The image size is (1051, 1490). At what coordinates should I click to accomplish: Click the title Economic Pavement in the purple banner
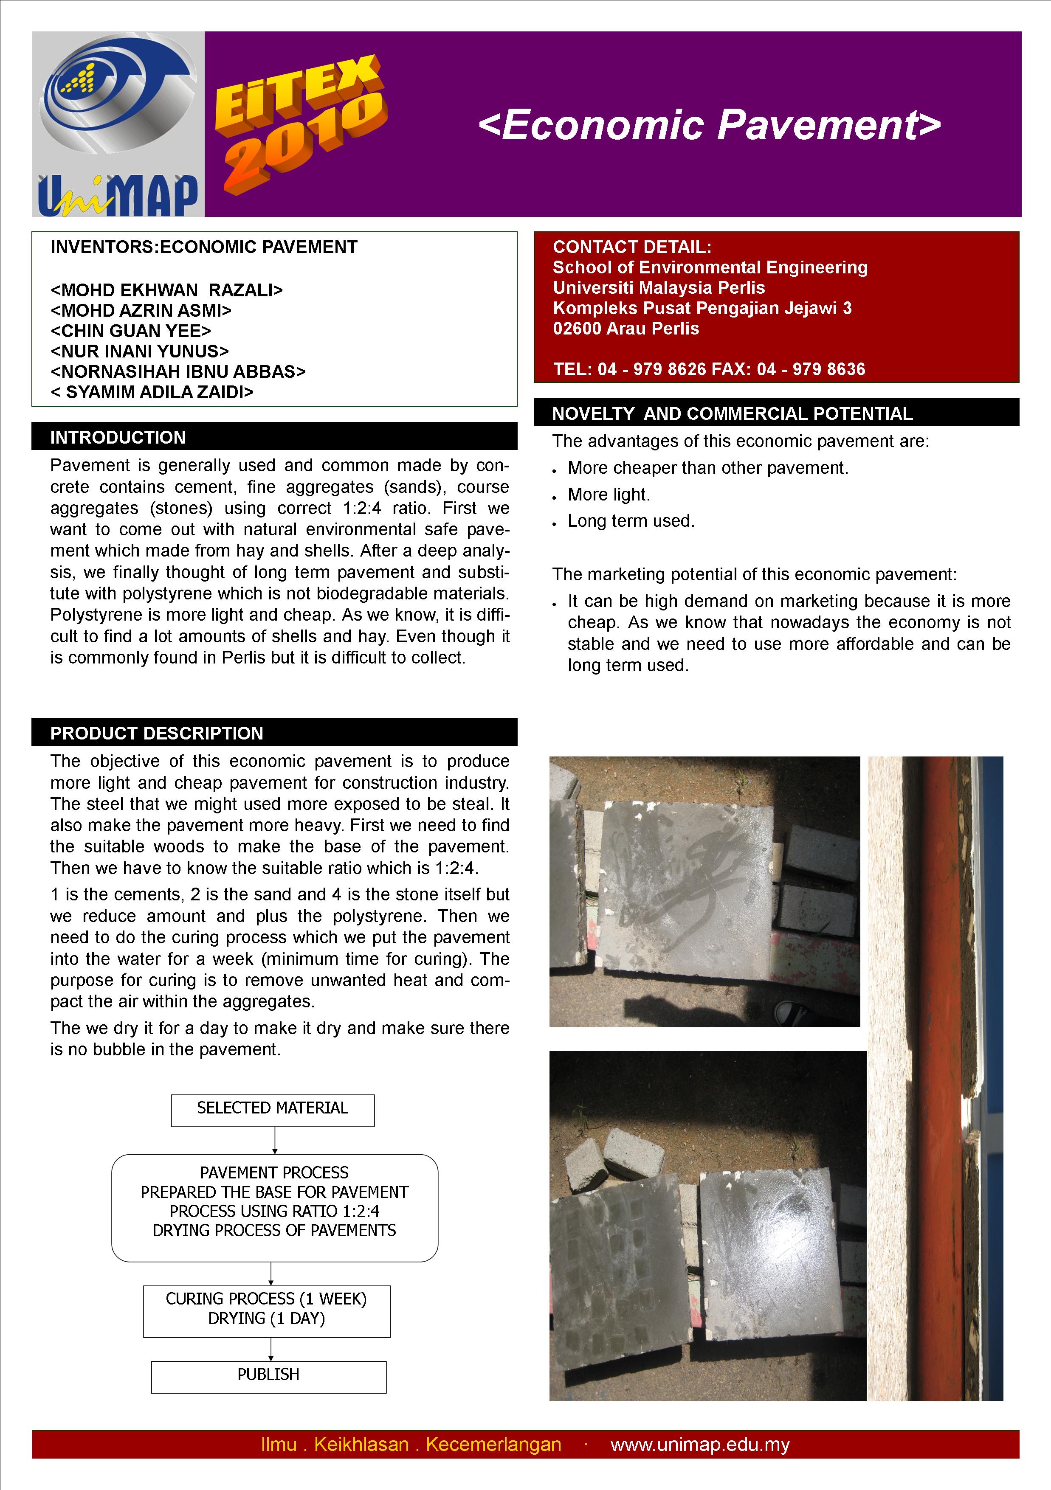pyautogui.click(x=709, y=125)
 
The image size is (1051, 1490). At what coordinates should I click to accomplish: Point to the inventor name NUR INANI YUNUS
pyautogui.click(x=140, y=351)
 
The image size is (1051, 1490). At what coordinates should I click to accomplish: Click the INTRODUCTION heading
pyautogui.click(x=118, y=437)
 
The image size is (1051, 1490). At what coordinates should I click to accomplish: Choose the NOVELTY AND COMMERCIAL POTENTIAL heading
pyautogui.click(x=732, y=413)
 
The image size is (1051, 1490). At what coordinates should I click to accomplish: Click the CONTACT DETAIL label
pyautogui.click(x=631, y=247)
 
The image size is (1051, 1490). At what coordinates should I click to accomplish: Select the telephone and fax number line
pyautogui.click(x=709, y=369)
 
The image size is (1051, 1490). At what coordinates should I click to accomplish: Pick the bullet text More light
pyautogui.click(x=608, y=495)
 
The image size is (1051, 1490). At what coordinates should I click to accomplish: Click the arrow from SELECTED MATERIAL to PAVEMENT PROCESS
pyautogui.click(x=275, y=1140)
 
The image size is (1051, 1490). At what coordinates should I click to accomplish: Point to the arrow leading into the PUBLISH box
pyautogui.click(x=270, y=1349)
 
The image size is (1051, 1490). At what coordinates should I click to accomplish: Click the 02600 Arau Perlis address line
pyautogui.click(x=626, y=329)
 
